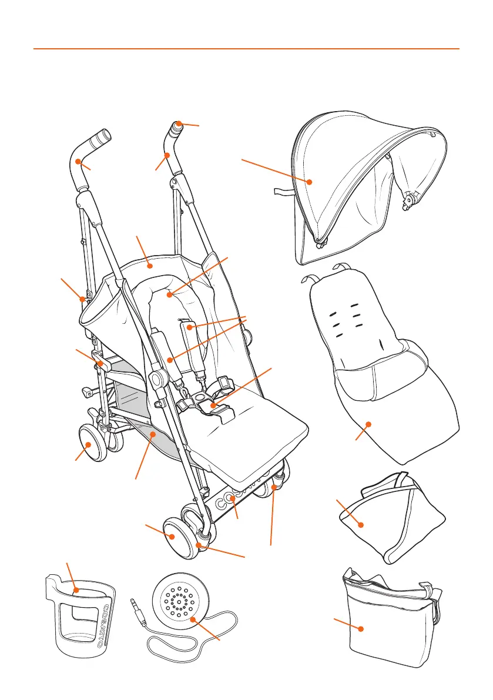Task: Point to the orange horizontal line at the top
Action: click(x=246, y=49)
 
